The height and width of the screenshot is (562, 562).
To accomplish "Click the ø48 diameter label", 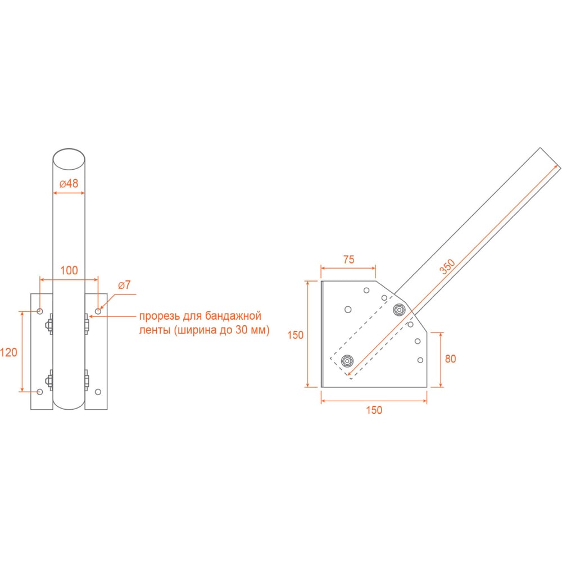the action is [69, 184].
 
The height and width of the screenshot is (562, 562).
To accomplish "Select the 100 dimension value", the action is [69, 270].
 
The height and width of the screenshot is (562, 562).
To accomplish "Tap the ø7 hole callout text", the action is [124, 285].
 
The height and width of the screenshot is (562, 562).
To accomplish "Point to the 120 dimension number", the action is [8, 353].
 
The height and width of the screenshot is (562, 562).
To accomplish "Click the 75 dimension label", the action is [349, 260].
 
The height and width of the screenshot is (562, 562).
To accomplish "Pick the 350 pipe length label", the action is [447, 266].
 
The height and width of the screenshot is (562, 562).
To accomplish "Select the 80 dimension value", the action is [451, 359].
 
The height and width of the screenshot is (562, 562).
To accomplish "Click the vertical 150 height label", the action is [296, 335].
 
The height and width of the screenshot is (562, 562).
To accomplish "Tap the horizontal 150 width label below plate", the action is [374, 410].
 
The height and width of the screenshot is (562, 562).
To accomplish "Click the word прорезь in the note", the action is [160, 316].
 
